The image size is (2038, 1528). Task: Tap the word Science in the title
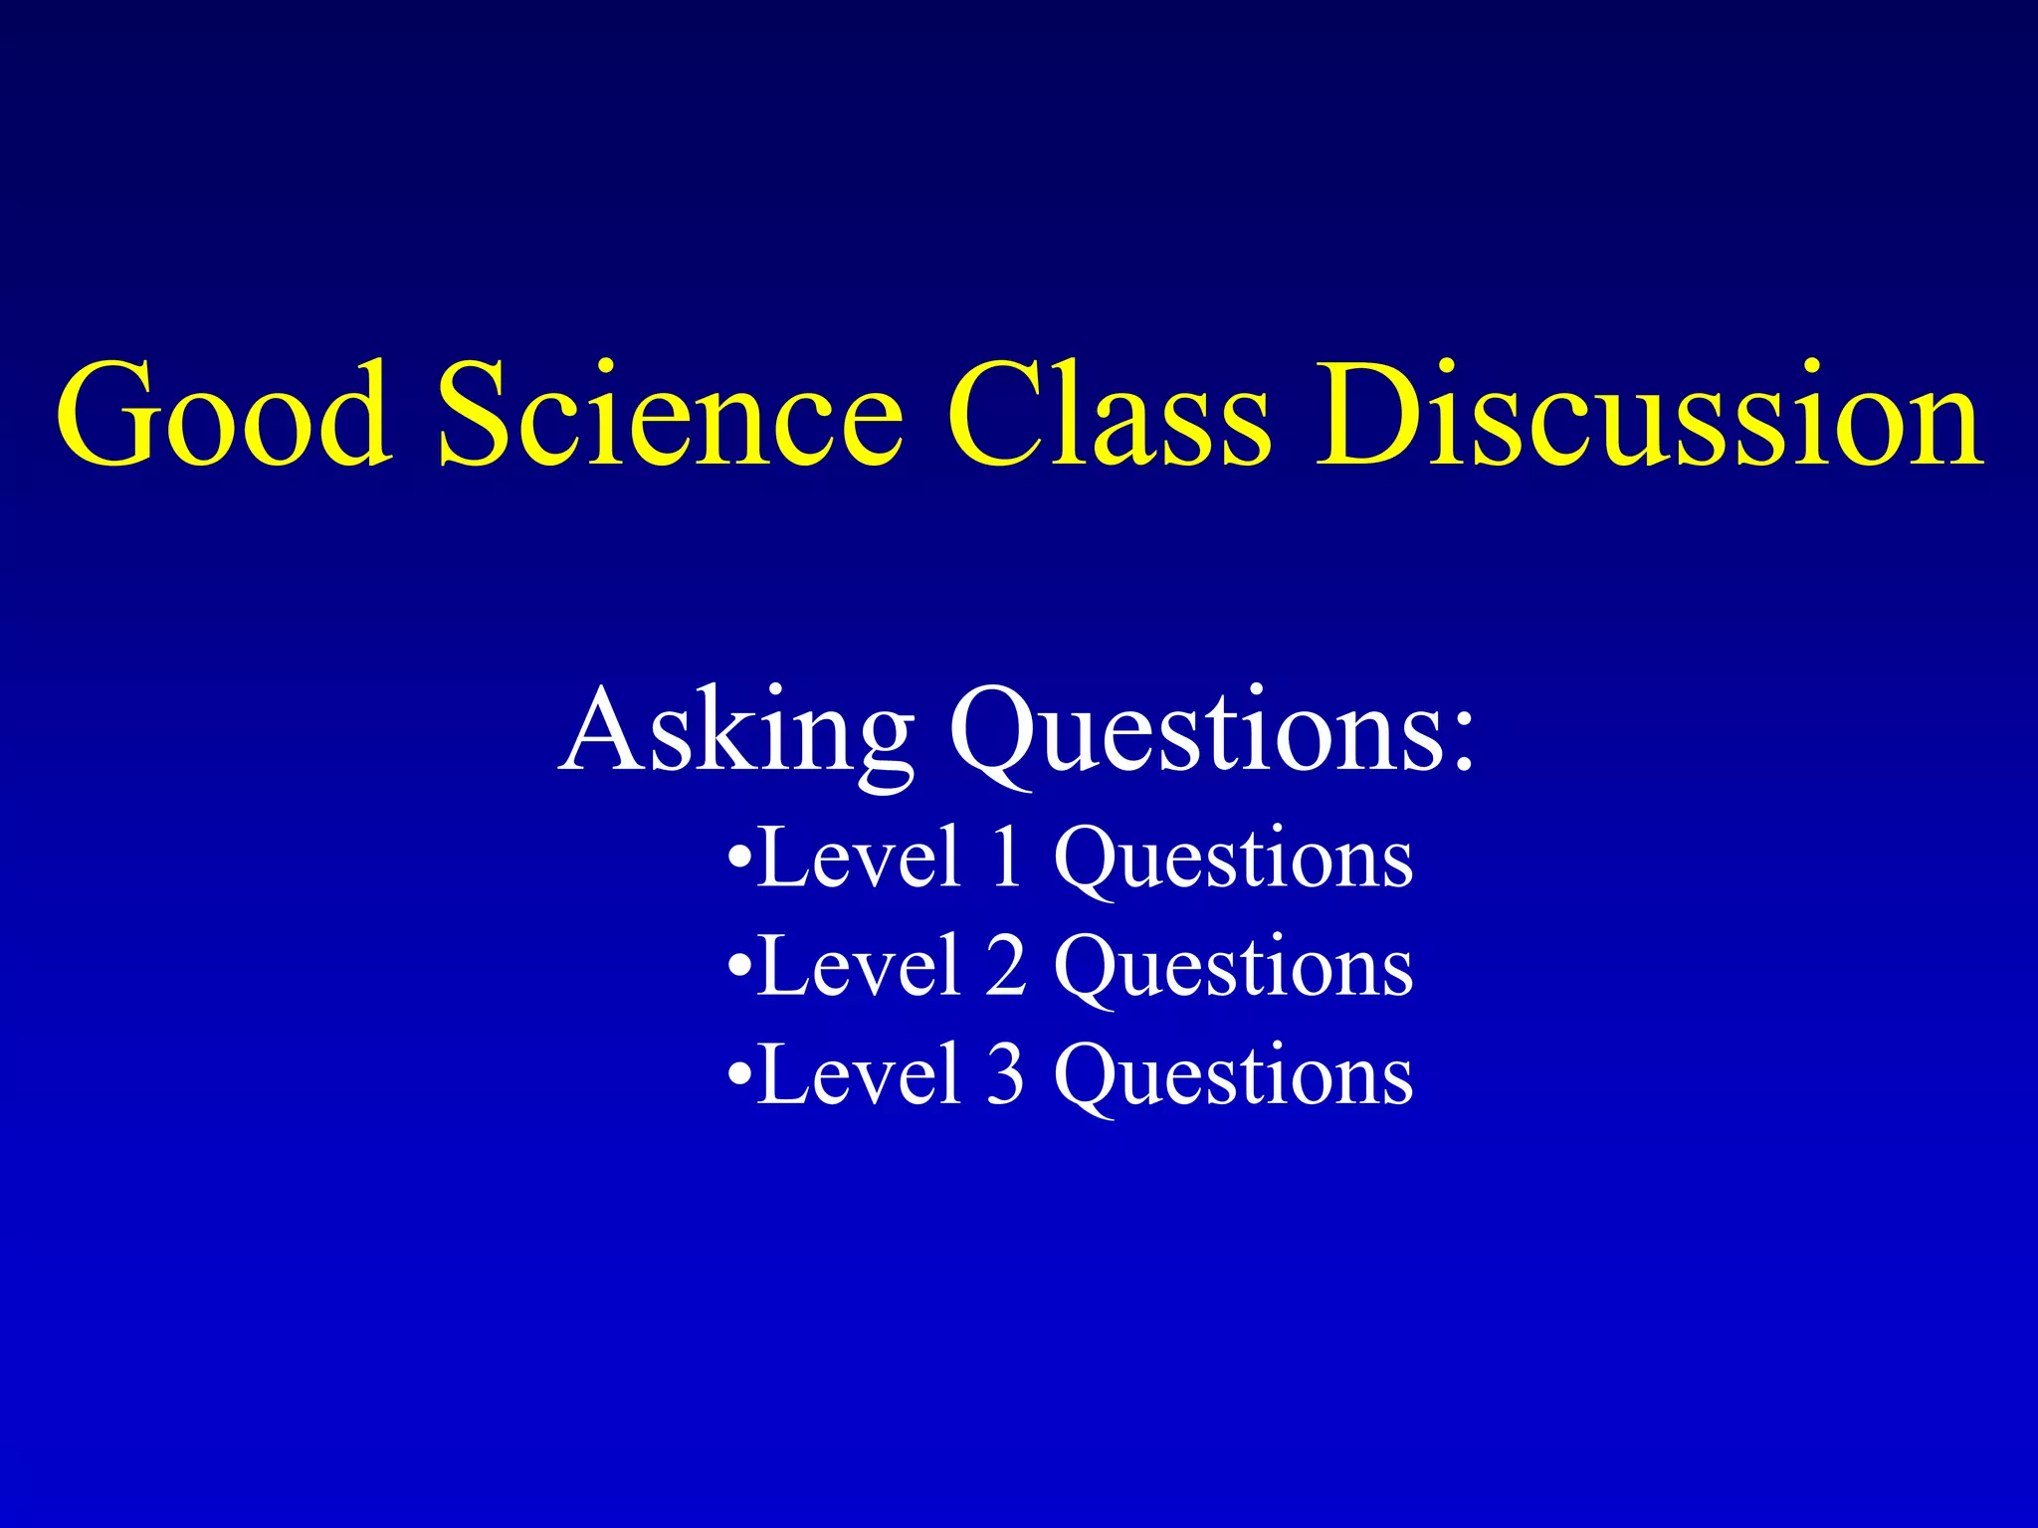click(670, 416)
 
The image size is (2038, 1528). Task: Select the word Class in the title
click(1108, 416)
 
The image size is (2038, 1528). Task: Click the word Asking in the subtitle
click(736, 731)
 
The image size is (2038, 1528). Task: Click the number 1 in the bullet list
click(1007, 858)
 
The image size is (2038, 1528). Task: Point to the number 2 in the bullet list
click(1006, 966)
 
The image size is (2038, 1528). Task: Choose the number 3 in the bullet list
click(1006, 1075)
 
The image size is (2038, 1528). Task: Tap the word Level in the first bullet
click(859, 858)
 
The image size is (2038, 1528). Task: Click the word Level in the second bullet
click(859, 966)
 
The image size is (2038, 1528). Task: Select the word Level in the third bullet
click(859, 1075)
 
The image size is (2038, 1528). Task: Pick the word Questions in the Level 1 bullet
click(1233, 859)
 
